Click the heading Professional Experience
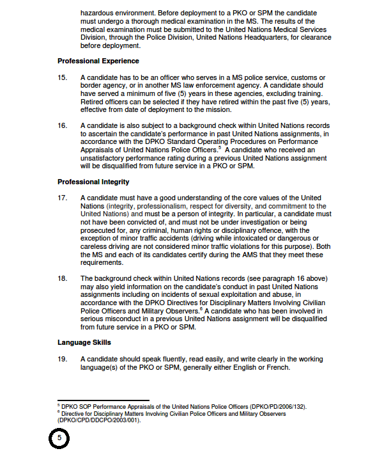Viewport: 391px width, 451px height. pyautogui.click(x=98, y=61)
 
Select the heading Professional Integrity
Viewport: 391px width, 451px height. pyautogui.click(x=93, y=182)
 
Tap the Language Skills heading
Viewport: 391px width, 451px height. pyautogui.click(x=84, y=342)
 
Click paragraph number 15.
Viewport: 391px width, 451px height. pyautogui.click(x=62, y=77)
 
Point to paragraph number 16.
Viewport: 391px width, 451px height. pyautogui.click(x=62, y=125)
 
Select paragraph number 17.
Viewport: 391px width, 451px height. pyautogui.click(x=62, y=198)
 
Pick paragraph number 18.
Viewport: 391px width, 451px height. pyautogui.click(x=62, y=278)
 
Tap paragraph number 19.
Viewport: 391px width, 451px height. pyautogui.click(x=62, y=359)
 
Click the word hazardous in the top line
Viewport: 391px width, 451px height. pyautogui.click(x=98, y=13)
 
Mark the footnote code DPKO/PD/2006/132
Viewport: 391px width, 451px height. pyautogui.click(x=276, y=406)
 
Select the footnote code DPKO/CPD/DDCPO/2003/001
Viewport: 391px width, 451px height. pyautogui.click(x=98, y=420)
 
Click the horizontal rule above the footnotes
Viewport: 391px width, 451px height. pyautogui.click(x=103, y=400)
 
